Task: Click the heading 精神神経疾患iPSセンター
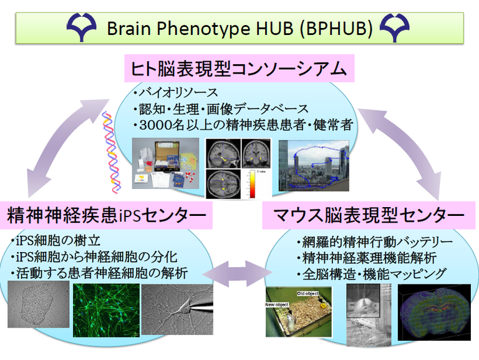[107, 216]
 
